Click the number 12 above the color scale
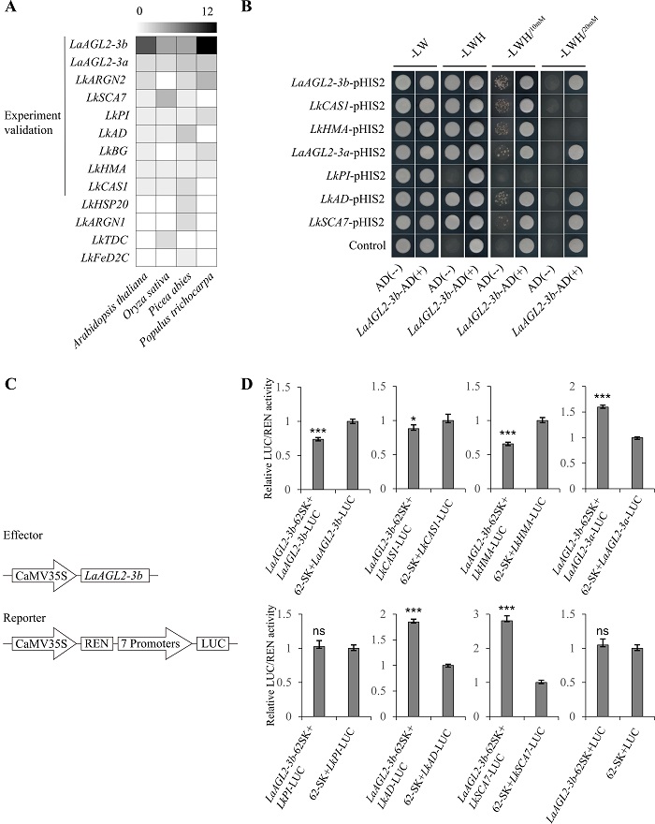click(208, 10)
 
